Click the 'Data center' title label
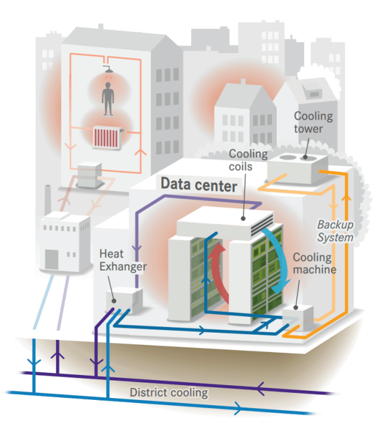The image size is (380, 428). tap(198, 185)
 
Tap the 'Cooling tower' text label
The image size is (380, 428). tap(313, 122)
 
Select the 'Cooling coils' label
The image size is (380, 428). tap(248, 160)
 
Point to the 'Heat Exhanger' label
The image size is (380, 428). tap(123, 260)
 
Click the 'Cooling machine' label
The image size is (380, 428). tap(314, 263)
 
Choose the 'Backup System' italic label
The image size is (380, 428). tap(335, 231)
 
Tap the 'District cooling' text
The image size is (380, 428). tap(169, 392)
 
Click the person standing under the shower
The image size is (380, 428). tap(108, 99)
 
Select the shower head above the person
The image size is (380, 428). tap(108, 69)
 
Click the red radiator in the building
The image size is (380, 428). tap(106, 137)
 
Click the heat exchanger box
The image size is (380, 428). tap(124, 300)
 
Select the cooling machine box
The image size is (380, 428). tap(298, 318)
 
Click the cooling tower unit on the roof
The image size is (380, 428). tap(298, 168)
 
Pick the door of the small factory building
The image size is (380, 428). tap(52, 259)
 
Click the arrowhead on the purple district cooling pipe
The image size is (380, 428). tap(260, 388)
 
